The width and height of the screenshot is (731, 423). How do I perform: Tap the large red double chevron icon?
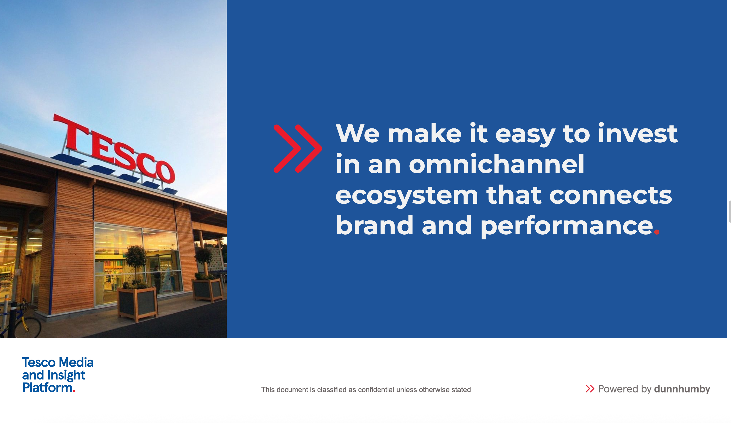pos(298,149)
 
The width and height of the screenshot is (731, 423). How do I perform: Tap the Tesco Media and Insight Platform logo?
pos(58,375)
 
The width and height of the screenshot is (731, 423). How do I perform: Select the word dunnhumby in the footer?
pos(682,389)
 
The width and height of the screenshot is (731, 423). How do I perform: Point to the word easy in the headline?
pos(525,135)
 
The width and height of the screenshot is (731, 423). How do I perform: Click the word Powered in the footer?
pos(617,389)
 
